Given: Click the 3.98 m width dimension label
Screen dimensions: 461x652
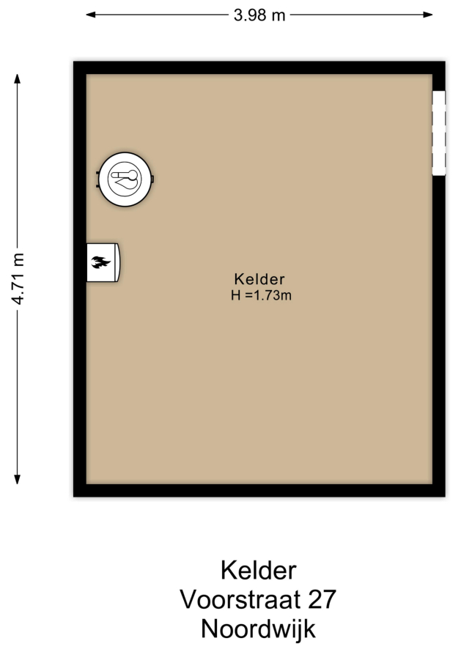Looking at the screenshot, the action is [259, 15].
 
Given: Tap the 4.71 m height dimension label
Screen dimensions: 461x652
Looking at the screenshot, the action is [18, 278].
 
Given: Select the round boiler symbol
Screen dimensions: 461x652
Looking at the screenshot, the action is [125, 179].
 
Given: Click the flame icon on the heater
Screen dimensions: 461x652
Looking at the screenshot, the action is [100, 262].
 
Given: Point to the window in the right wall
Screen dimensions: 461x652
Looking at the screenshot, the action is [439, 133].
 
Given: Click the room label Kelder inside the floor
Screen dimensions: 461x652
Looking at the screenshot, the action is [259, 278].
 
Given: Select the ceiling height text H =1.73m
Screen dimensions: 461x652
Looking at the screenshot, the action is [261, 295].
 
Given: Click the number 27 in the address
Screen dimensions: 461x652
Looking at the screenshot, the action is [322, 599].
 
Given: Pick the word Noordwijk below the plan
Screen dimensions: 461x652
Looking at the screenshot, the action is [259, 629].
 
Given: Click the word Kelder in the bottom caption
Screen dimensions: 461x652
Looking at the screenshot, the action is [259, 570].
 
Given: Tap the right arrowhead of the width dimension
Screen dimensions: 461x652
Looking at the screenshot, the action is [428, 15].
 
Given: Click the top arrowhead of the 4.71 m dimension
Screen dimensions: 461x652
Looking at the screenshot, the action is [18, 78].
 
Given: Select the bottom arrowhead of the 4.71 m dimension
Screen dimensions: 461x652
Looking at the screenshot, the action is [18, 479].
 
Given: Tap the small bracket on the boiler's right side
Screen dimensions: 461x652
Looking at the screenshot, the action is [152, 179].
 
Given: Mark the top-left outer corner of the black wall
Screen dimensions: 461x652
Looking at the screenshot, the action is [73, 62].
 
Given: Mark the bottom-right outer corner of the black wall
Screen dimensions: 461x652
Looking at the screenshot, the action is [445, 497].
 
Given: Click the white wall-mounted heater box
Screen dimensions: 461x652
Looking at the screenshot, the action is [103, 262].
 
